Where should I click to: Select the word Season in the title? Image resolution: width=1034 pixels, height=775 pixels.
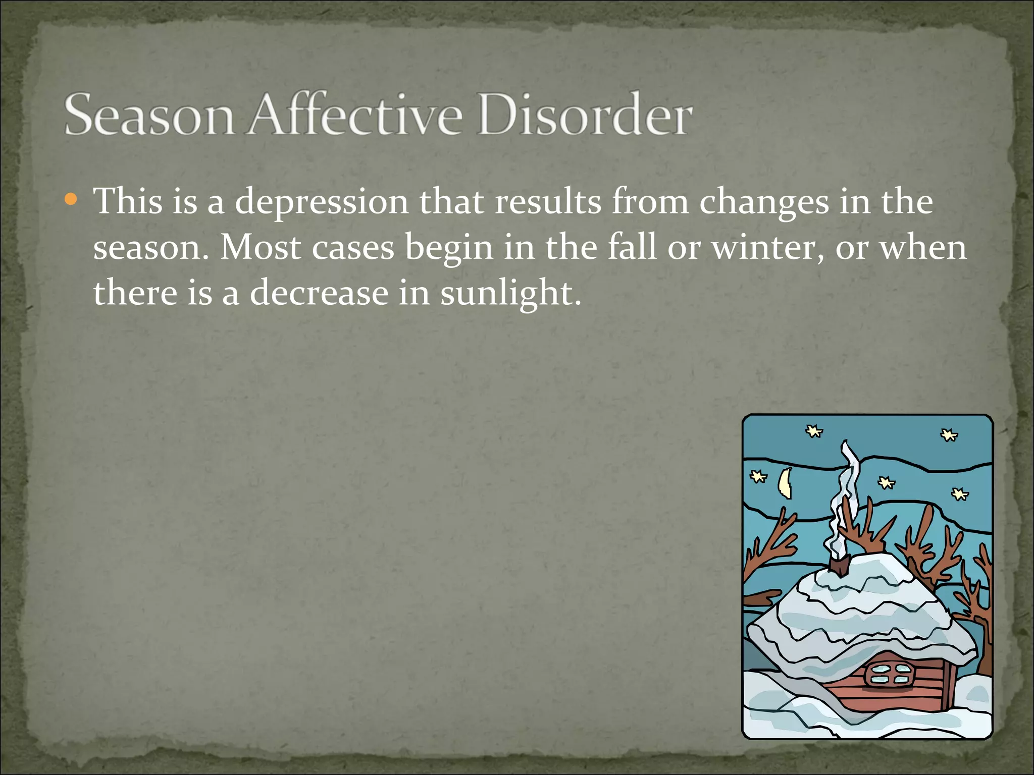(x=149, y=115)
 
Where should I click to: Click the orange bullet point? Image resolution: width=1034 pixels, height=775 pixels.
(x=71, y=200)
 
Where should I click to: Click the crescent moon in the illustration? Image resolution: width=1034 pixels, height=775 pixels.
(x=785, y=483)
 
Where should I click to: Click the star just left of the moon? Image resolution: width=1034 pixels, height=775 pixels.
(x=758, y=476)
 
